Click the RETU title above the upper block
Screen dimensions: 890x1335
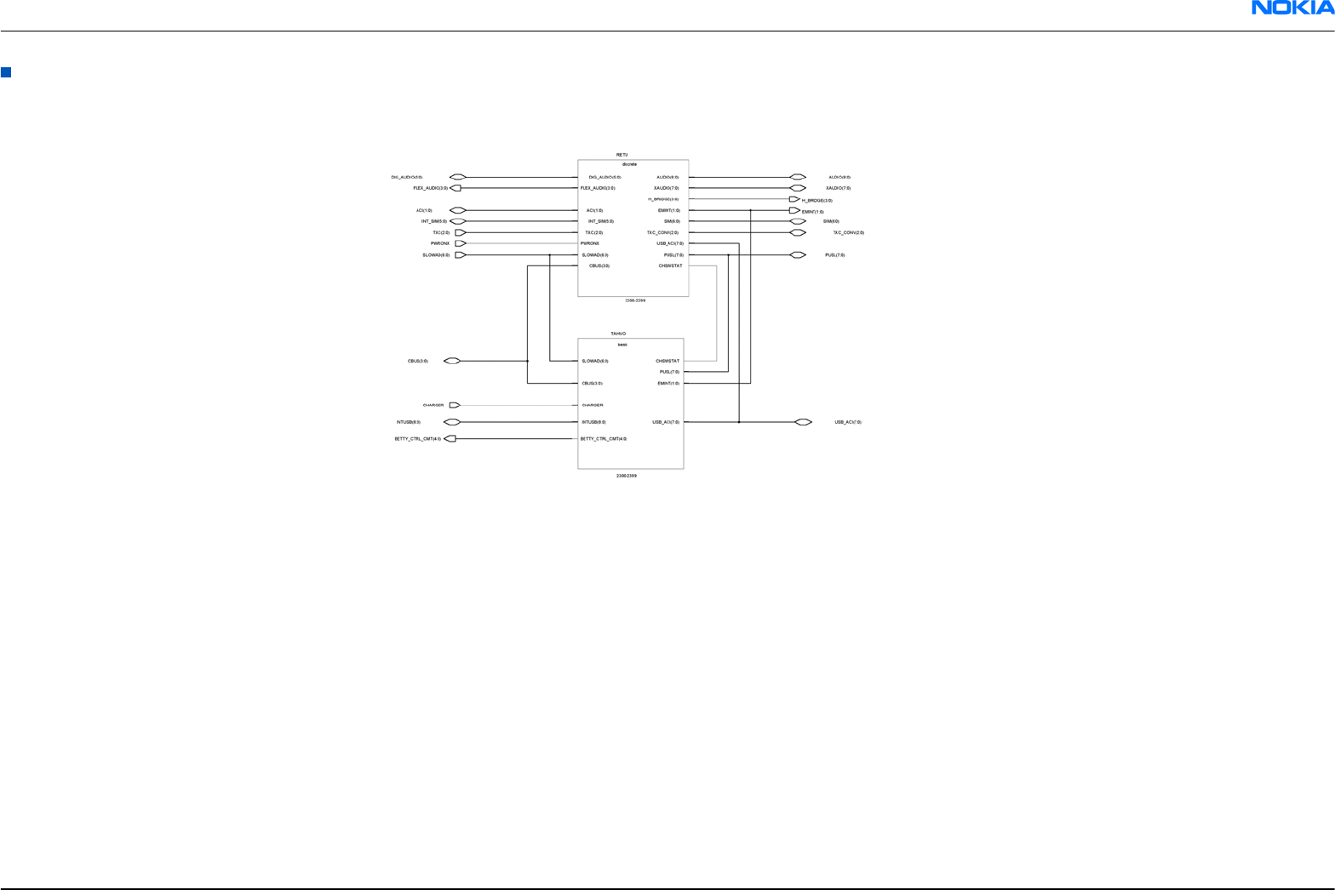tap(622, 155)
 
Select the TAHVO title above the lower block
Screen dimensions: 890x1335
tap(618, 334)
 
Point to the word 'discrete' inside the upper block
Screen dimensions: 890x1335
tap(629, 164)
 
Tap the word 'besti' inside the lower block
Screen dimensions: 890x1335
tap(622, 344)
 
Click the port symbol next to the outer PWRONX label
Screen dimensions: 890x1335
tap(461, 243)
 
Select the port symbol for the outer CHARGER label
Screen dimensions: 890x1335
tap(455, 405)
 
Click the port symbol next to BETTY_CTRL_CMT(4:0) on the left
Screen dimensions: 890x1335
tap(451, 439)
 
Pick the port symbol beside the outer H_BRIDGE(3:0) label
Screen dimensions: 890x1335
tap(794, 200)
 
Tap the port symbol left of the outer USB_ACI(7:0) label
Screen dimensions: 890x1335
tap(803, 422)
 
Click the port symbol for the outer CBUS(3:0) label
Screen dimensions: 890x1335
tap(452, 361)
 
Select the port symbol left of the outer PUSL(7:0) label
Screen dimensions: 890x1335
tap(798, 255)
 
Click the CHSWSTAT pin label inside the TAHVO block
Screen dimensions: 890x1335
tap(667, 361)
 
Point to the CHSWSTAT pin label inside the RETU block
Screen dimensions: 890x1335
tap(670, 265)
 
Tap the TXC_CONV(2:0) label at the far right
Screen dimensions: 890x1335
tap(848, 232)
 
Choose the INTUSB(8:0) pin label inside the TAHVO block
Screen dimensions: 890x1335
tap(593, 422)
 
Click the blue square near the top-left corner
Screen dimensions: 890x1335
tap(6, 72)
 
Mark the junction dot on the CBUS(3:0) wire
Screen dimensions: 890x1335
tap(528, 361)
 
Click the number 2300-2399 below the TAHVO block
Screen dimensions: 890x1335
tap(627, 476)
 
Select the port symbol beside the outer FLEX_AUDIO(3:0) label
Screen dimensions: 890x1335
tap(455, 188)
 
